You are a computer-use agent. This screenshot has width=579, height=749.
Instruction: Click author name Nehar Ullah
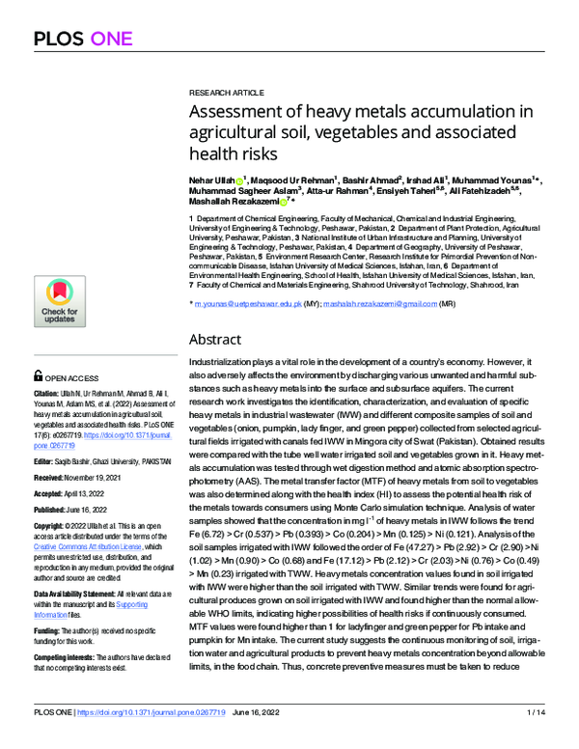tap(211, 180)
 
